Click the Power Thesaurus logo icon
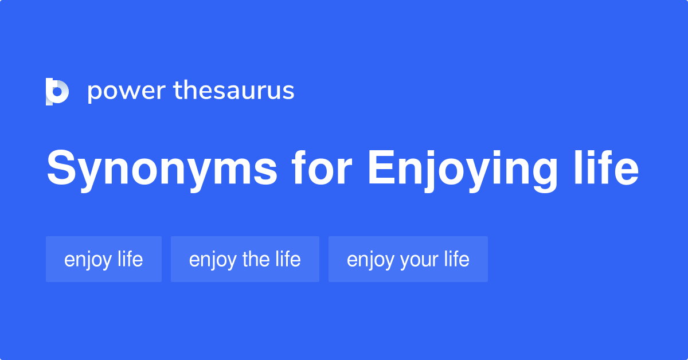coord(57,91)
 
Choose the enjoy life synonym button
coord(104,259)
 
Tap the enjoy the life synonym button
coord(245,259)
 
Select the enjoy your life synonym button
coord(408,259)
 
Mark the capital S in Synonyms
coord(61,169)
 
